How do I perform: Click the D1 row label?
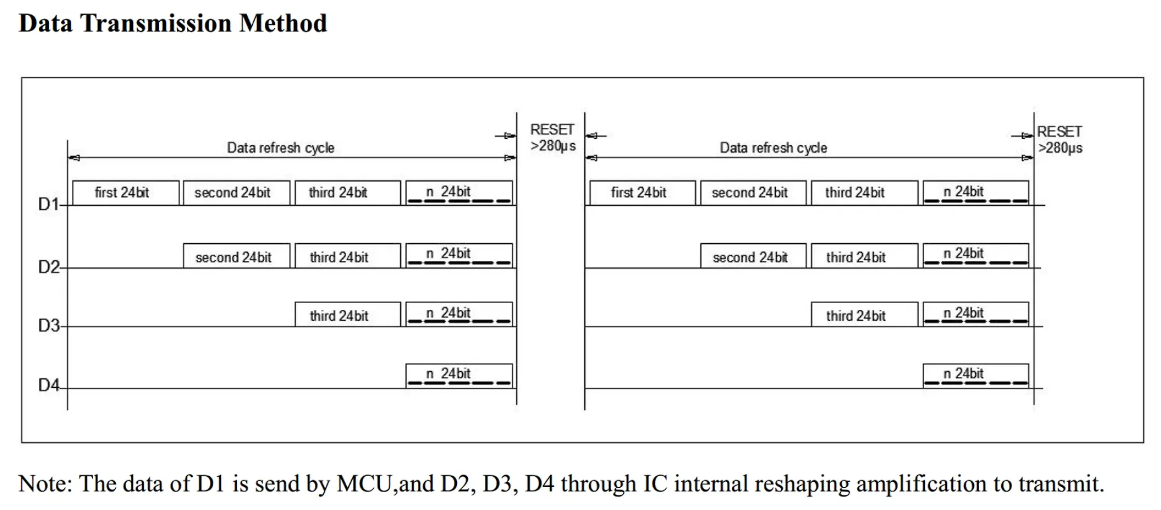(48, 204)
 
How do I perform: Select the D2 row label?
(48, 267)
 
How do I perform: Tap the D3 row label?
(48, 325)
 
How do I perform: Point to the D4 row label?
(48, 385)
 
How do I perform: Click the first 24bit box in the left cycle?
(125, 193)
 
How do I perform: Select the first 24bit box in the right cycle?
(642, 193)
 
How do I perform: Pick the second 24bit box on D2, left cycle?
(236, 256)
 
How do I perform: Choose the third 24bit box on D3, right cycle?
(864, 315)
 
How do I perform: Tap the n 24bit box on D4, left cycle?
(459, 376)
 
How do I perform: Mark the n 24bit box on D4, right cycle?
(976, 376)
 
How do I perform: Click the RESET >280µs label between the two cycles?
(552, 138)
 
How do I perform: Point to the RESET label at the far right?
(1060, 139)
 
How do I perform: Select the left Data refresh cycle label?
(281, 148)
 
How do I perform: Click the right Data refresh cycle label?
(773, 148)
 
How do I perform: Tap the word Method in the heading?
(283, 23)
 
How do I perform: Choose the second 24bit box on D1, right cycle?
(753, 193)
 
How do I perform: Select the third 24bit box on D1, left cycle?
(348, 193)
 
